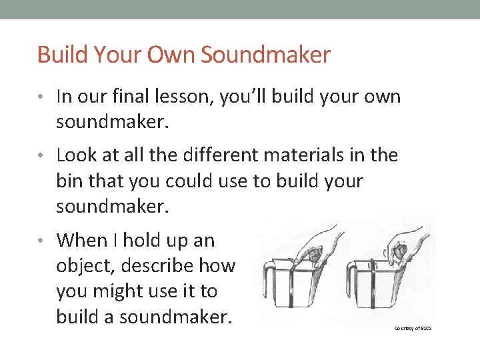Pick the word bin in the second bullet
point(69,181)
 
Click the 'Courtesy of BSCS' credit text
point(413,328)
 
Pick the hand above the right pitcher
point(403,243)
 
